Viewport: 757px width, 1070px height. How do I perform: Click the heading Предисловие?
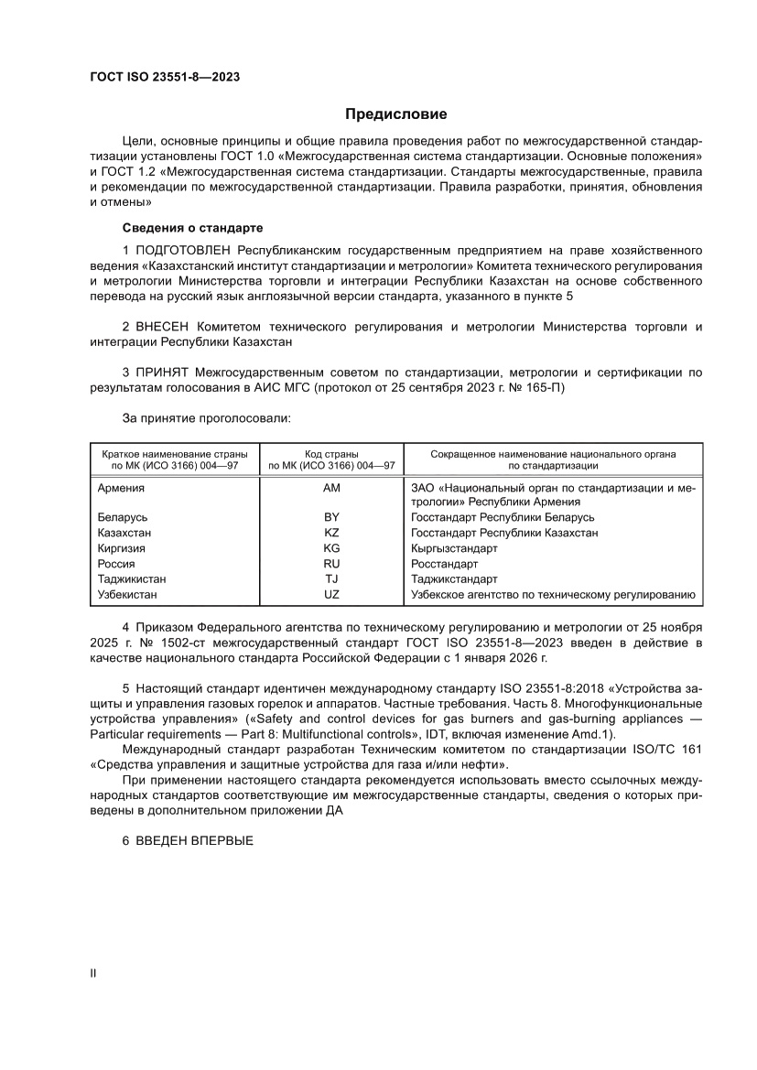click(395, 114)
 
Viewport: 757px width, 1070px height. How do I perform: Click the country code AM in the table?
click(331, 488)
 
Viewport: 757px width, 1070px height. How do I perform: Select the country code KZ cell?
click(331, 533)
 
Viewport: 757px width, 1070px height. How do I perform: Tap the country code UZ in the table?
click(331, 595)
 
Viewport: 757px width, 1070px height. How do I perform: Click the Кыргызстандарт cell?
click(454, 548)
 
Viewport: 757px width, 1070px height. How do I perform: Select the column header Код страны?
click(331, 453)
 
